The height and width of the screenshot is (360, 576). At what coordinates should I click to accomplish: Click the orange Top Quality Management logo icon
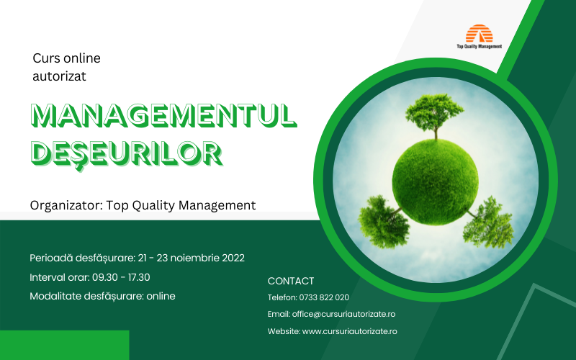click(479, 33)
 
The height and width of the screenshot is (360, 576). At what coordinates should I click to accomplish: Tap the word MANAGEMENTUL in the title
click(164, 116)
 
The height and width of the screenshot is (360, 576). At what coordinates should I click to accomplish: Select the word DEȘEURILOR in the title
click(127, 153)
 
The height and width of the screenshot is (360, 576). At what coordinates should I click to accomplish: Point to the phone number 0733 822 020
click(324, 297)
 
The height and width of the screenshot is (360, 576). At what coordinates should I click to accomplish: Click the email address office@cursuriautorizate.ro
click(343, 314)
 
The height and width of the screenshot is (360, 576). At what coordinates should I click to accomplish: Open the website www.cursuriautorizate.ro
click(349, 331)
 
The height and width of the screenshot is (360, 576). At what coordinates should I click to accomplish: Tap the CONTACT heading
click(291, 281)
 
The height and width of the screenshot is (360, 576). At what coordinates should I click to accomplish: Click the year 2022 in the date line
click(233, 258)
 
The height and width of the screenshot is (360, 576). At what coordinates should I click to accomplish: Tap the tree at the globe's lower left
click(383, 222)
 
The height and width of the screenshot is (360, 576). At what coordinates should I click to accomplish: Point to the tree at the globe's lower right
click(489, 222)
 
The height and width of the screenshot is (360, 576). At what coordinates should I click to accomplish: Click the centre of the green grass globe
click(436, 182)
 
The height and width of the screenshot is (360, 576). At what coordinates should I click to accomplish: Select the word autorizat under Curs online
click(59, 76)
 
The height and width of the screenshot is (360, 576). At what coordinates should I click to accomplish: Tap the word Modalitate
click(55, 296)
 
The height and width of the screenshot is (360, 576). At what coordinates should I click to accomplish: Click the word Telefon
click(282, 297)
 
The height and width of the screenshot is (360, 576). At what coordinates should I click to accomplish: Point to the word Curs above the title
click(46, 58)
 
